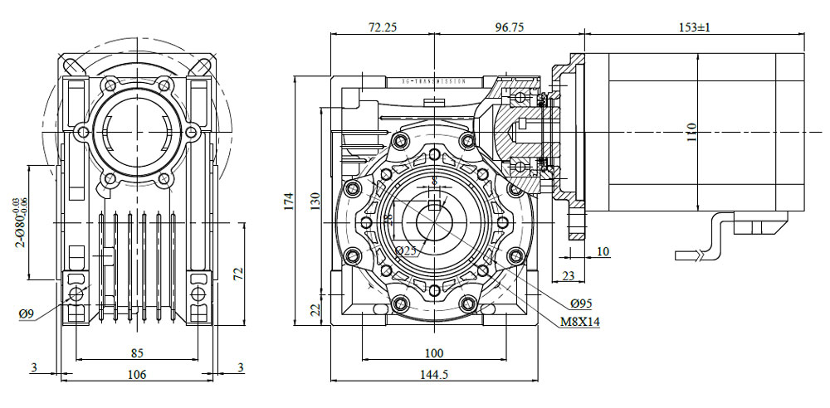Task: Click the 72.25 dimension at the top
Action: [x=381, y=27]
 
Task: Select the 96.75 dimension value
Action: [x=509, y=27]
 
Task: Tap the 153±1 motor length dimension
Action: [x=695, y=27]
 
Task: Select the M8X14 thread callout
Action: [x=576, y=321]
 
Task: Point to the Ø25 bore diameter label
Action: [x=406, y=250]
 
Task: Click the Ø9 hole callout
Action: [x=27, y=313]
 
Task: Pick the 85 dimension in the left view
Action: [x=137, y=353]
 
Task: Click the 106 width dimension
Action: [x=137, y=374]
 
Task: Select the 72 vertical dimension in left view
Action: [x=237, y=274]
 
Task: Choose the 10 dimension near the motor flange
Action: [x=603, y=251]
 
